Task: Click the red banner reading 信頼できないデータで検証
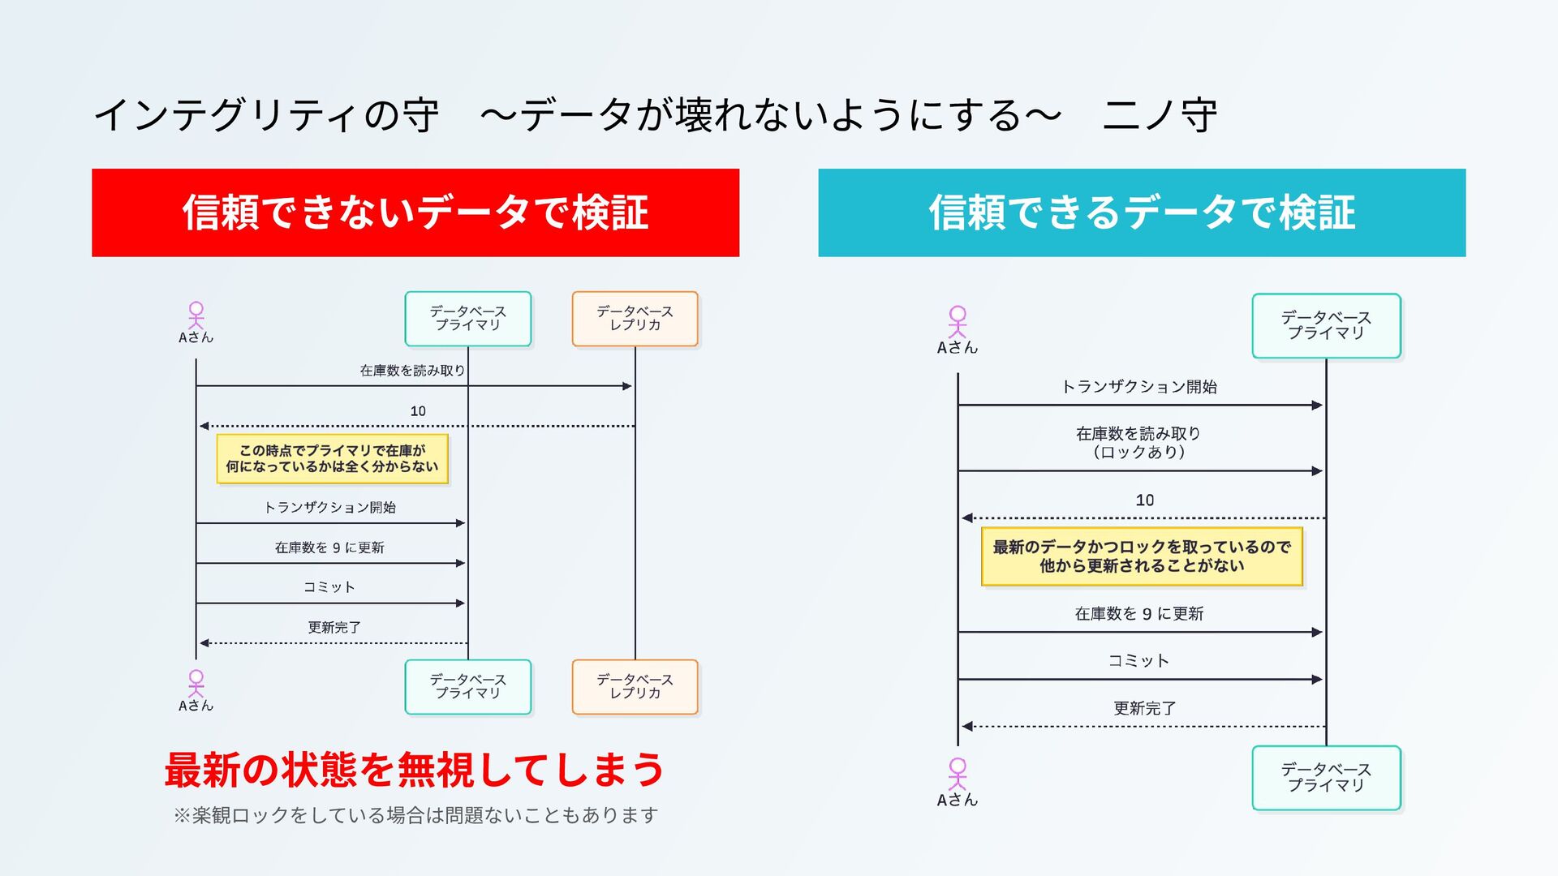pyautogui.click(x=415, y=213)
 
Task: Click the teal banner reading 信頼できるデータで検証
pyautogui.click(x=1141, y=213)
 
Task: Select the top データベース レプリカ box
pyautogui.click(x=635, y=318)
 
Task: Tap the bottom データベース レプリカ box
pyautogui.click(x=635, y=686)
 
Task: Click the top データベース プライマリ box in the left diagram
pyautogui.click(x=468, y=318)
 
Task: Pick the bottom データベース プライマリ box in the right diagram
pyautogui.click(x=1326, y=777)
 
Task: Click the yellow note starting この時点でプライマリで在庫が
pyautogui.click(x=332, y=458)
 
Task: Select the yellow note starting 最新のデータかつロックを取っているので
pyautogui.click(x=1141, y=556)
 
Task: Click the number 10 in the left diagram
pyautogui.click(x=418, y=411)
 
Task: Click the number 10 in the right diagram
pyautogui.click(x=1144, y=500)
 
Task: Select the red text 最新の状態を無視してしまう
pyautogui.click(x=414, y=769)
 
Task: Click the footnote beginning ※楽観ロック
pyautogui.click(x=415, y=815)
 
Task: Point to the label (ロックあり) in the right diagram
pyautogui.click(x=1138, y=452)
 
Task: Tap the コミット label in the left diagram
pyautogui.click(x=329, y=586)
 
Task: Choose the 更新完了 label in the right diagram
pyautogui.click(x=1144, y=708)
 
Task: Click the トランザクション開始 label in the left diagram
pyautogui.click(x=329, y=507)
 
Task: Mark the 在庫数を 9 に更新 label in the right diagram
pyautogui.click(x=1138, y=614)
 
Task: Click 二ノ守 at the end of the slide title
pyautogui.click(x=1160, y=114)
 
